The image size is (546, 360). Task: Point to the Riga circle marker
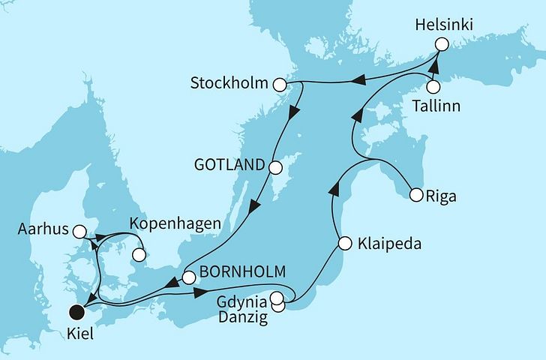pyautogui.click(x=416, y=196)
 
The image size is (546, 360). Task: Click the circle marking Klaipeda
pyautogui.click(x=344, y=243)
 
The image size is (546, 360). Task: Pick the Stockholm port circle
pyautogui.click(x=280, y=83)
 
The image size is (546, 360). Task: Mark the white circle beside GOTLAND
pyautogui.click(x=275, y=167)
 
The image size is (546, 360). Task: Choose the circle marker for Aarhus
pyautogui.click(x=80, y=232)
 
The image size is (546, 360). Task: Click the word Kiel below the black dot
pyautogui.click(x=79, y=334)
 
